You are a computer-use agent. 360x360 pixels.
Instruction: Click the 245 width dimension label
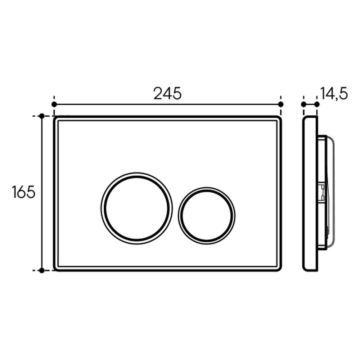click(x=167, y=94)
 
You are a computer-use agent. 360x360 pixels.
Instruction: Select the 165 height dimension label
click(x=24, y=192)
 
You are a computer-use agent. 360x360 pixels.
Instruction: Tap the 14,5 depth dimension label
click(x=334, y=94)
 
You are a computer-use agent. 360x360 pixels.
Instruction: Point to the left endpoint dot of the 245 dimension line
click(x=54, y=104)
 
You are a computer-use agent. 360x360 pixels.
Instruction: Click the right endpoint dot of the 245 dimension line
click(x=281, y=104)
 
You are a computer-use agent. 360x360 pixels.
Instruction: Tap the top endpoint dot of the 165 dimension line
click(x=42, y=116)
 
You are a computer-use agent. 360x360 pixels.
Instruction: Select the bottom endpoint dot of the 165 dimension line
click(x=42, y=270)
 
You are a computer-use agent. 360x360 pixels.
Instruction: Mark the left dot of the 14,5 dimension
click(x=303, y=104)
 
